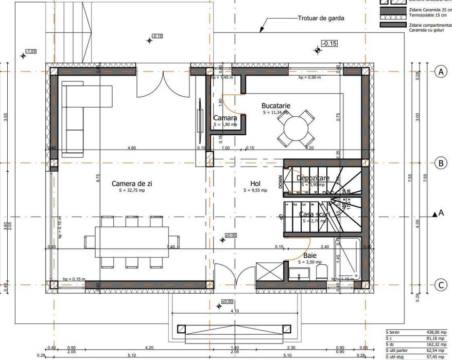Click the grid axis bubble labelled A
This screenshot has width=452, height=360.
[x=440, y=71]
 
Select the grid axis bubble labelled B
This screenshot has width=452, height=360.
[x=440, y=164]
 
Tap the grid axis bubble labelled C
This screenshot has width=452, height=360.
[x=440, y=284]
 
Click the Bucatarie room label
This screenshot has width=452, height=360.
[x=276, y=105]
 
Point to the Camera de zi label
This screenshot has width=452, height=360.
[x=132, y=183]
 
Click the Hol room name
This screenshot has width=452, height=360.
[x=255, y=183]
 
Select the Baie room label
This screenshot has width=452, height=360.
[x=310, y=255]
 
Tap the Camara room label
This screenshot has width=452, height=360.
[x=225, y=118]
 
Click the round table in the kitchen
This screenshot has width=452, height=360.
[x=295, y=127]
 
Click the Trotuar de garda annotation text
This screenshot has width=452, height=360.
[x=321, y=18]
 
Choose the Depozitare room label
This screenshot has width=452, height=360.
[x=312, y=178]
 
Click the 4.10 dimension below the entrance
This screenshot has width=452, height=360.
[x=235, y=311]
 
